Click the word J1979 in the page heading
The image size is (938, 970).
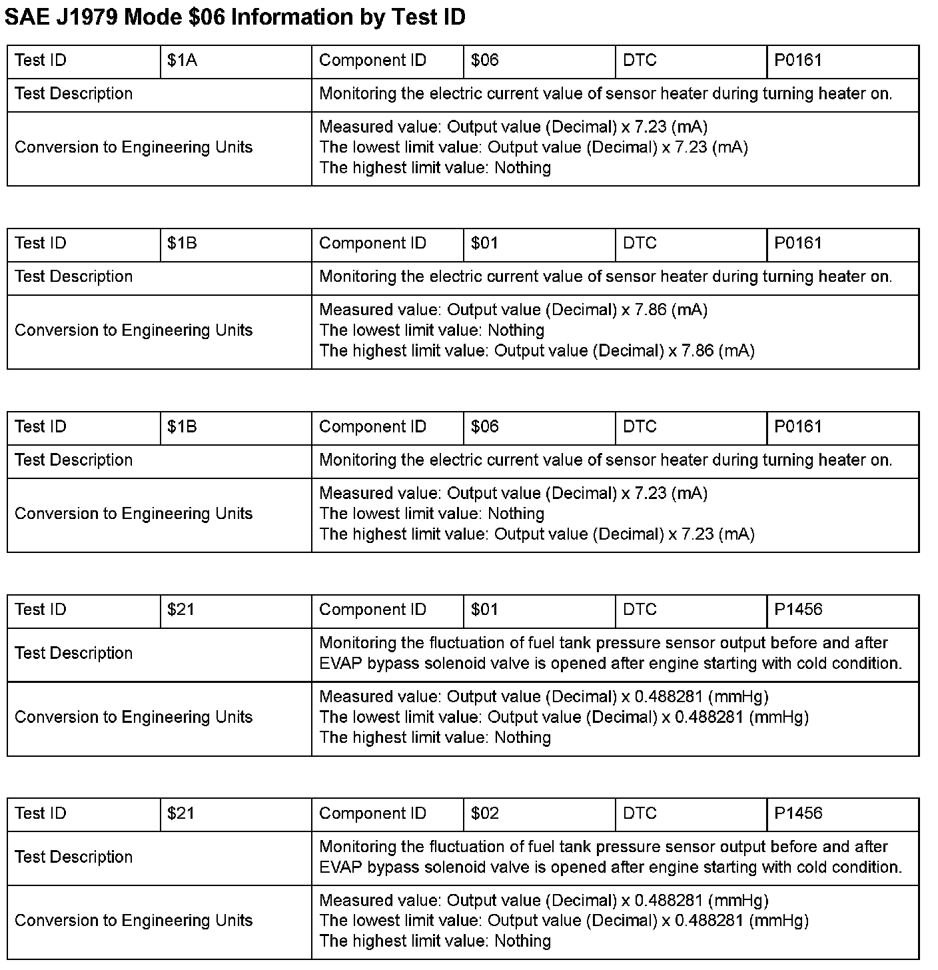click(87, 17)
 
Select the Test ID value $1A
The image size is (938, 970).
click(182, 61)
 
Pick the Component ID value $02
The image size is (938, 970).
click(484, 813)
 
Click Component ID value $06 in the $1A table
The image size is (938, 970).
click(484, 61)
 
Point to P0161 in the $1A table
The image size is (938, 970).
click(798, 61)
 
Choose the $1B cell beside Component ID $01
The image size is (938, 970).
click(182, 244)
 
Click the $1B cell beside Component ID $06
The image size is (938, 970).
click(182, 427)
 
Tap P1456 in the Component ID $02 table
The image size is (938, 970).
click(798, 813)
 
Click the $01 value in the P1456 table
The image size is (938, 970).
click(484, 610)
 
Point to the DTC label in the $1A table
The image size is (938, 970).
click(640, 61)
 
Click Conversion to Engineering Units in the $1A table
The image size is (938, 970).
click(133, 147)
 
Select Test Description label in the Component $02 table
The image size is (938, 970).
click(73, 857)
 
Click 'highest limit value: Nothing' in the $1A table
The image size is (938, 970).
click(435, 168)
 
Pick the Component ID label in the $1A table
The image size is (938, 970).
click(372, 61)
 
